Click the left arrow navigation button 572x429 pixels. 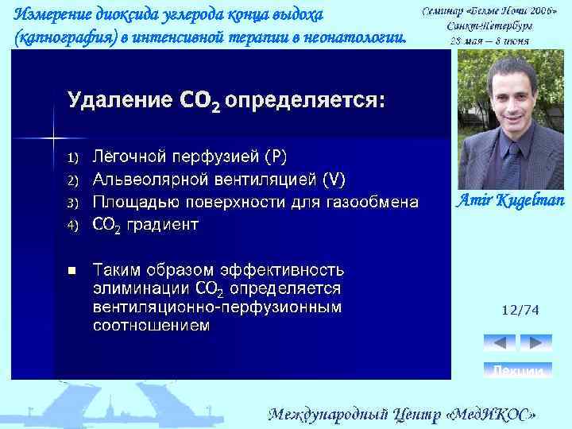(x=500, y=343)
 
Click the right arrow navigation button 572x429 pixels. (x=535, y=343)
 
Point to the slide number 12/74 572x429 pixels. (x=520, y=312)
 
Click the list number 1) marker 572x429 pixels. (x=73, y=156)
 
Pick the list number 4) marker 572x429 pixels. (x=73, y=226)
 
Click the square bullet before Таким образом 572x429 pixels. (x=72, y=270)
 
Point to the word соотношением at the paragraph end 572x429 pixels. (x=151, y=325)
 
